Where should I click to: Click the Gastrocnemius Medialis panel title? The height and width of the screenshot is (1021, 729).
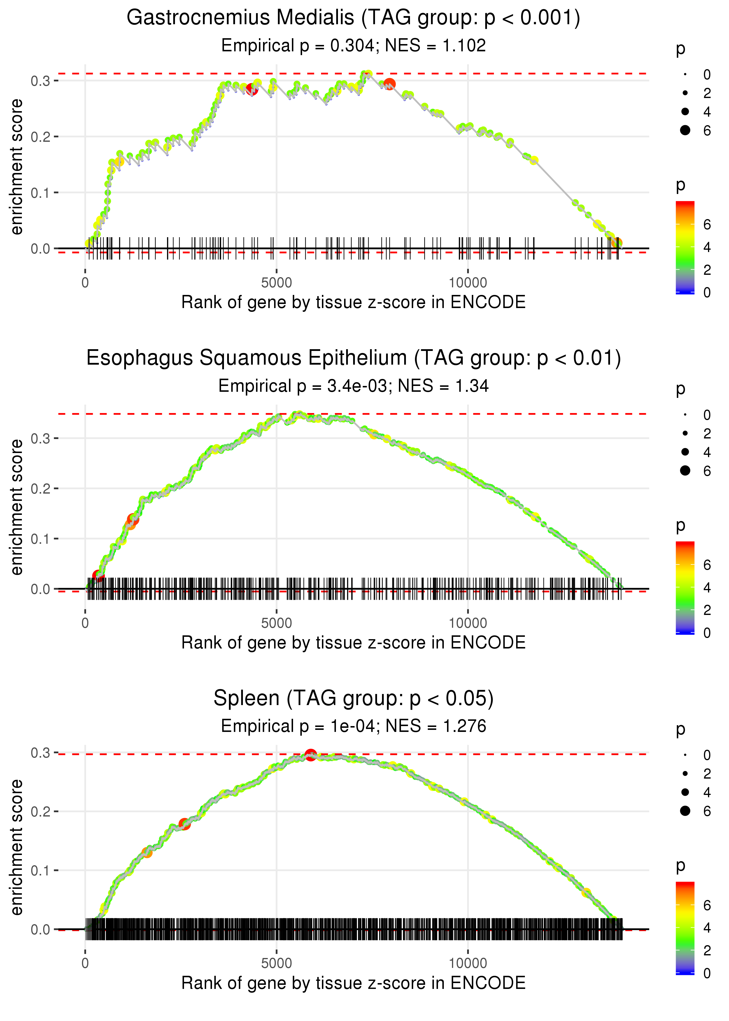pos(353,18)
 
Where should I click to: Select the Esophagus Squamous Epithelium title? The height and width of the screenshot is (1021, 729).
pos(353,358)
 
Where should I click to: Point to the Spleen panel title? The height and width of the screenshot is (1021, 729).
pos(353,699)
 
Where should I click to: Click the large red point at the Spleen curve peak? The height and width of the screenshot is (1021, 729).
pos(311,755)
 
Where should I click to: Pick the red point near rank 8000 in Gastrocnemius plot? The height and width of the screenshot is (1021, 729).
pos(390,84)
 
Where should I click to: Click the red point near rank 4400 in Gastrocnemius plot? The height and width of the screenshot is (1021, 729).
pos(252,88)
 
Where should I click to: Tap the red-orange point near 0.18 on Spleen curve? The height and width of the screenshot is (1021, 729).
pos(184,824)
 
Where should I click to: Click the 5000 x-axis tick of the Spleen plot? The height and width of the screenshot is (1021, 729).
pos(276,963)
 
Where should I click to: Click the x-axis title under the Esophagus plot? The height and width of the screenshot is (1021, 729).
pos(353,643)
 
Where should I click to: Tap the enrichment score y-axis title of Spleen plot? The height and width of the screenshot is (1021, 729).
pos(17,846)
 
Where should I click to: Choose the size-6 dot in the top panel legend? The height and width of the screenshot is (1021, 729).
pos(685,130)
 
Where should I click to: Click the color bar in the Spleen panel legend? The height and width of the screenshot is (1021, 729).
pos(685,927)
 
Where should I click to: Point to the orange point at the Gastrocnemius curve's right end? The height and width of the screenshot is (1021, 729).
pos(617,243)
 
